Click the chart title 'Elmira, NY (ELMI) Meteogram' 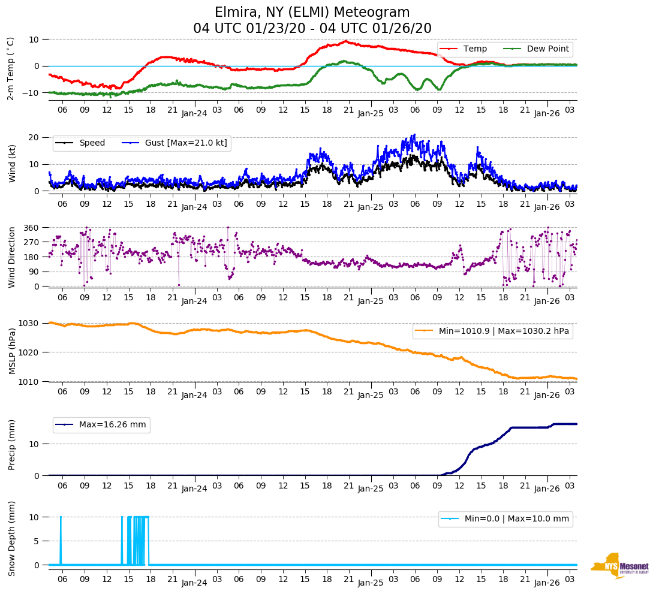pos(312,13)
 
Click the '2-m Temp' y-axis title pos(11,68)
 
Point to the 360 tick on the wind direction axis pos(31,228)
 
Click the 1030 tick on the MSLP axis pos(29,323)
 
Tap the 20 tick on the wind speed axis pos(34,137)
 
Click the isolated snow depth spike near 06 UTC pos(61,539)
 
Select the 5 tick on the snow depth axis pos(36,541)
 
